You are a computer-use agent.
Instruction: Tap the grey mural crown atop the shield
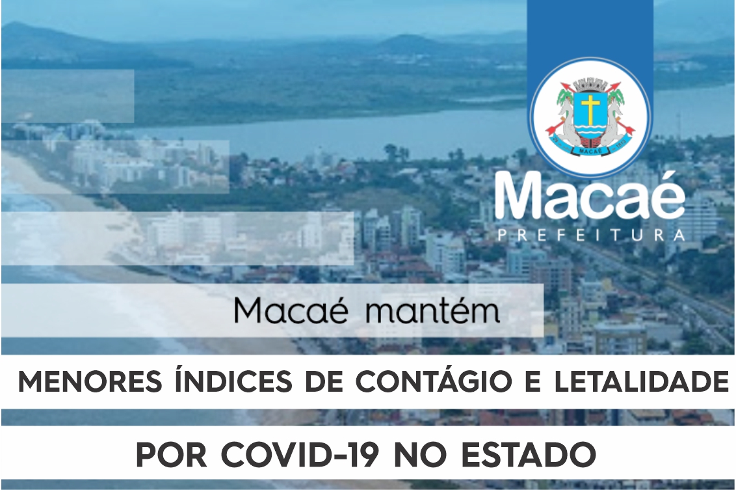tap(590, 85)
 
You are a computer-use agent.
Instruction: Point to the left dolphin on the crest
tap(566, 122)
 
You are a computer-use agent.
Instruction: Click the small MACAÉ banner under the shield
tap(590, 151)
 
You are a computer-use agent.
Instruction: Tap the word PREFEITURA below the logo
tap(590, 234)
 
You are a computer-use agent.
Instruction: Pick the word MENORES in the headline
tap(90, 383)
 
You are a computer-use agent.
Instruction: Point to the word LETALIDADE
tap(641, 383)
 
